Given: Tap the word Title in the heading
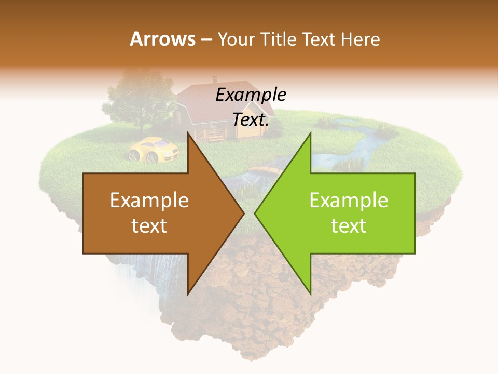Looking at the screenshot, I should (279, 39).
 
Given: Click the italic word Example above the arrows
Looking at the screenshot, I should (251, 95).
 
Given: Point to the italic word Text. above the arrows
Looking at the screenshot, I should (251, 119).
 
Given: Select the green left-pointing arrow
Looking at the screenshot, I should (342, 213).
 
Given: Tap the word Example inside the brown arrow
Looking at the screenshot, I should (149, 200).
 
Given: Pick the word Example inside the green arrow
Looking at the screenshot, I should (349, 200).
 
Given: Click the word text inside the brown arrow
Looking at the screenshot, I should (149, 225).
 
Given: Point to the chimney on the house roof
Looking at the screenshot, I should (214, 81).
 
